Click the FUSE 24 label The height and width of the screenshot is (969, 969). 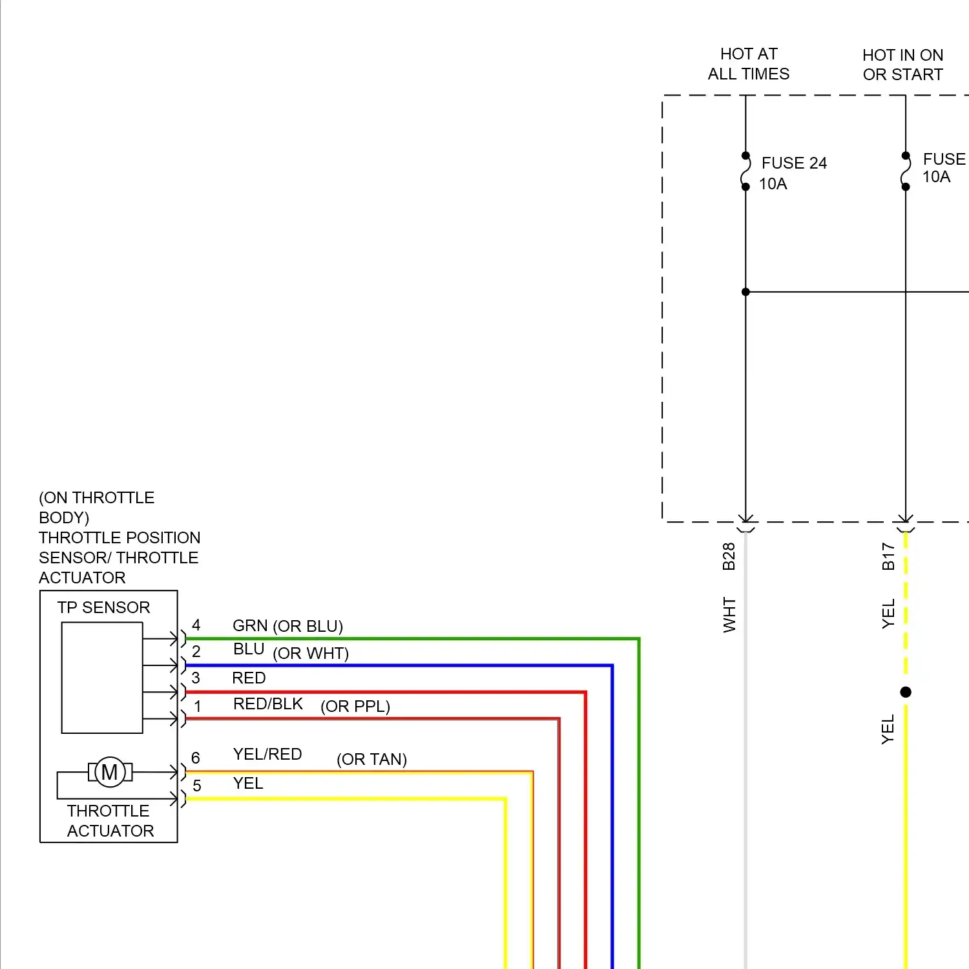coord(794,163)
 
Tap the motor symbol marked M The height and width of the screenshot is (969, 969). coord(110,772)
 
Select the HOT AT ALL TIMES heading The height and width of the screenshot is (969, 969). coord(748,64)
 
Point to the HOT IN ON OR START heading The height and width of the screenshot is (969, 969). coord(902,65)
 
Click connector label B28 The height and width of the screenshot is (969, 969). coord(729,556)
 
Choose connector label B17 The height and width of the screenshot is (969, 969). coord(888,556)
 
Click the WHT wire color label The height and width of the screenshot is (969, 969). coord(729,614)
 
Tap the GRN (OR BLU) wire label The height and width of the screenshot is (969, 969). coord(287,626)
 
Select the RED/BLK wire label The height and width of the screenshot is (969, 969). coord(267,704)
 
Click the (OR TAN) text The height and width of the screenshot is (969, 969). coord(371,759)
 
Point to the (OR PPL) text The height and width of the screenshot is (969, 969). coord(355,706)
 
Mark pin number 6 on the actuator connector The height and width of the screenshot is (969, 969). coord(196,758)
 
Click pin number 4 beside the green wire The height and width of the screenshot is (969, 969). coord(196,625)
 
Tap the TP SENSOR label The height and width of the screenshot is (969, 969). coord(103,607)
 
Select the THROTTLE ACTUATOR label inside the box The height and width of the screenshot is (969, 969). coord(110,820)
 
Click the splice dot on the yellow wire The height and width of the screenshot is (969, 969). coord(906,692)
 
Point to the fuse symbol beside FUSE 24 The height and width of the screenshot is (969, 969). coord(745,171)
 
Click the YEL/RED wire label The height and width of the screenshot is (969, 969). coord(267,754)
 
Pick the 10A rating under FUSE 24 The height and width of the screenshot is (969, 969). coord(773,184)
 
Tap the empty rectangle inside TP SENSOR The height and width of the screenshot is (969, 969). coord(102,678)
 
